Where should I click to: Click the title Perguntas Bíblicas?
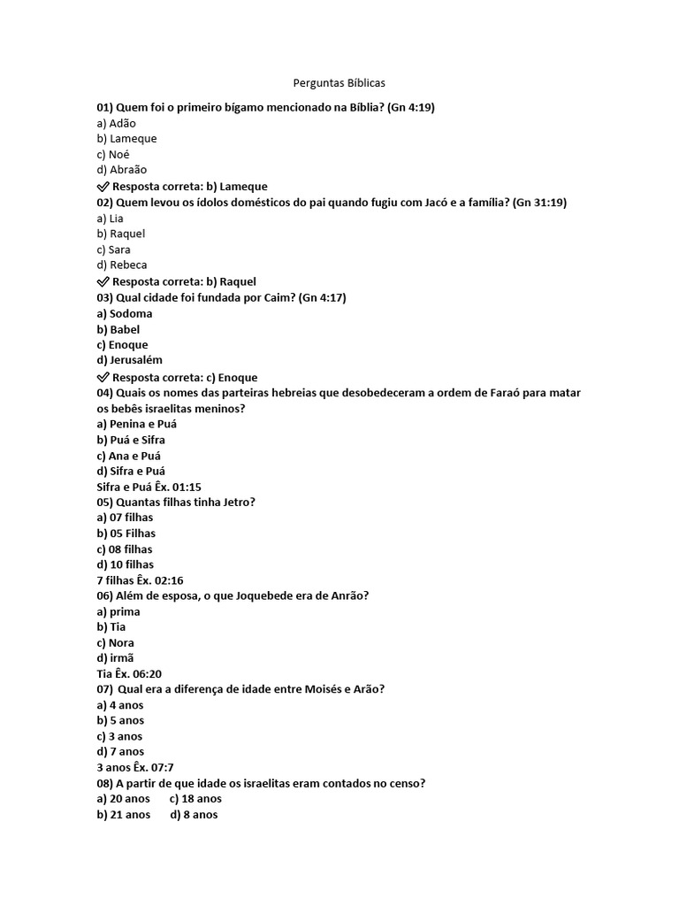pyautogui.click(x=339, y=83)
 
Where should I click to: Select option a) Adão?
pyautogui.click(x=117, y=123)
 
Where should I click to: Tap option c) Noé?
pyautogui.click(x=113, y=154)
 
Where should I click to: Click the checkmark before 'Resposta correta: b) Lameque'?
pyautogui.click(x=103, y=187)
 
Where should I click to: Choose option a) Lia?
pyautogui.click(x=111, y=218)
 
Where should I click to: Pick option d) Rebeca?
pyautogui.click(x=122, y=265)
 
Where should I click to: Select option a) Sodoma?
pyautogui.click(x=125, y=313)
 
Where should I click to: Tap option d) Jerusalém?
pyautogui.click(x=130, y=360)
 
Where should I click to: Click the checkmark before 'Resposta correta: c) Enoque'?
pyautogui.click(x=103, y=377)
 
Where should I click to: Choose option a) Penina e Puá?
pyautogui.click(x=137, y=424)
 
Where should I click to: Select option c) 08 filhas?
pyautogui.click(x=125, y=549)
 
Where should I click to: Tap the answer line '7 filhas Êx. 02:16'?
pyautogui.click(x=140, y=580)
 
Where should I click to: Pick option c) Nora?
pyautogui.click(x=116, y=642)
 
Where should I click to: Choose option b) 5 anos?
pyautogui.click(x=120, y=720)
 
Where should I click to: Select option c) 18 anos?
pyautogui.click(x=195, y=799)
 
